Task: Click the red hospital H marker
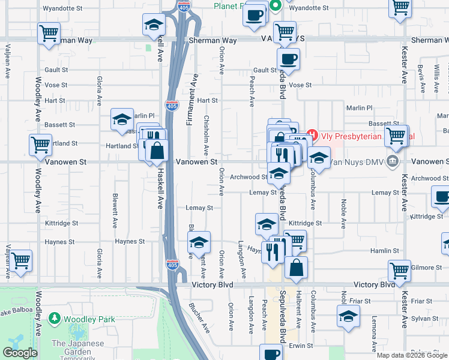(x=312, y=135)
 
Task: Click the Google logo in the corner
(x=19, y=353)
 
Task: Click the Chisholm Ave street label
(x=206, y=136)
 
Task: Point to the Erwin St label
(x=301, y=346)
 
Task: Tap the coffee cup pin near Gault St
(x=288, y=59)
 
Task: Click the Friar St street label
(x=422, y=301)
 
